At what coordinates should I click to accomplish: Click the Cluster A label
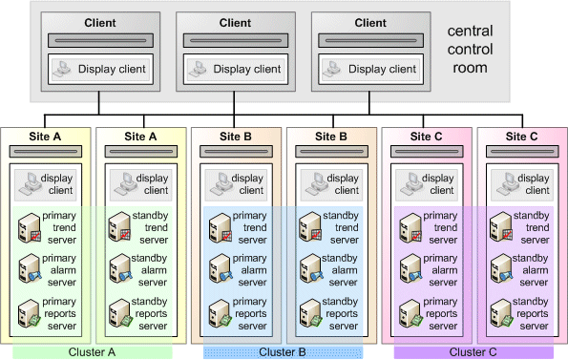(92, 351)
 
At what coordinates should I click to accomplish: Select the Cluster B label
(283, 351)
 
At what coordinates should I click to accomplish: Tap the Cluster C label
(473, 351)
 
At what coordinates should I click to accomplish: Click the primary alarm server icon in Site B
(218, 270)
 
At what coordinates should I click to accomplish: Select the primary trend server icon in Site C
(409, 227)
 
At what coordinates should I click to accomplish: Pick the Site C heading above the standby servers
(521, 137)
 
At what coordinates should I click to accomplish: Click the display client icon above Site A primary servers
(28, 183)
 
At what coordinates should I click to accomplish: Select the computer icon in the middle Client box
(200, 69)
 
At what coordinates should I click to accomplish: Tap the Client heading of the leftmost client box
(101, 23)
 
